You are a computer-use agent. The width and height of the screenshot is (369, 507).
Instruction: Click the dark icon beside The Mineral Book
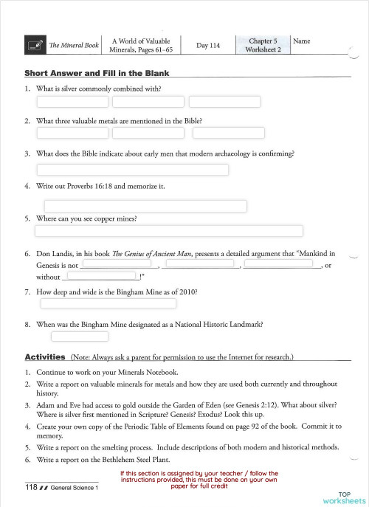[34, 45]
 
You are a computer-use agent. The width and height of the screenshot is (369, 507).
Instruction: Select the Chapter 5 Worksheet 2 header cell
[263, 45]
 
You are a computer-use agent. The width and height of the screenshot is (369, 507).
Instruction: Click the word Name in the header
[301, 41]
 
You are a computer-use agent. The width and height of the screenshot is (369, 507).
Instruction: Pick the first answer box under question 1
[72, 102]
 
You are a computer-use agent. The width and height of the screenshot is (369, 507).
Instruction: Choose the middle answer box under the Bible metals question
[148, 133]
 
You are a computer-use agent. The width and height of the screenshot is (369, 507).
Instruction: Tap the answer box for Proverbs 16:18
[145, 205]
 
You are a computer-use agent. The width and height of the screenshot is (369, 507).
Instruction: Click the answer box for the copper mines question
[170, 231]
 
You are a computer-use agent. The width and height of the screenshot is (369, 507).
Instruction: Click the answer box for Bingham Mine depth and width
[108, 303]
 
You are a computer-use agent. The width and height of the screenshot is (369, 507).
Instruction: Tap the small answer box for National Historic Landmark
[80, 337]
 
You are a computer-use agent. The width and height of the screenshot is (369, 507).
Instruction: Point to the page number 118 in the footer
[31, 488]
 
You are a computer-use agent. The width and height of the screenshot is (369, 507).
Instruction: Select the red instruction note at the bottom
[199, 480]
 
